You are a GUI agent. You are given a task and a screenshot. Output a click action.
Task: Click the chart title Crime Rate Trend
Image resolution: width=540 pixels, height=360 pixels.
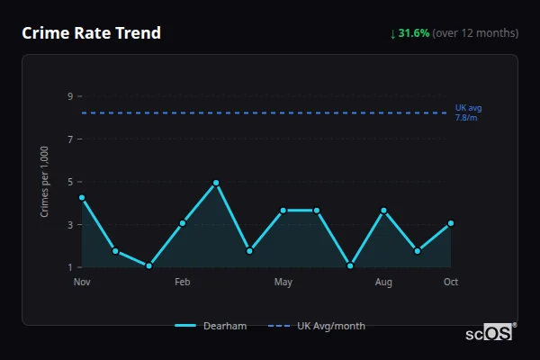tap(92, 33)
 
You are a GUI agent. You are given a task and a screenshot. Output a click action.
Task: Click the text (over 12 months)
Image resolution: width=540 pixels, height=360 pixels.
tap(475, 33)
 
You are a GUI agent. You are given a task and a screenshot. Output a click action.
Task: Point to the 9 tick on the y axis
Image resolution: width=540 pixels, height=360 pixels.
tap(69, 96)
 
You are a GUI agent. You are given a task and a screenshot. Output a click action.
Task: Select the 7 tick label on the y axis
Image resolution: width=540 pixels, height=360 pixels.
tap(69, 139)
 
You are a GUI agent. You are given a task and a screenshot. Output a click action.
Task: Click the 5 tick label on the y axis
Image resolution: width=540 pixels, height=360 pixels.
tap(69, 182)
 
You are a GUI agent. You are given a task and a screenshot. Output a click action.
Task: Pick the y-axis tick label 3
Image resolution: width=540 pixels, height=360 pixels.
tap(69, 225)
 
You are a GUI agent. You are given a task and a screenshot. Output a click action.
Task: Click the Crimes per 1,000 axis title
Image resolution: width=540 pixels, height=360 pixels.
tap(45, 182)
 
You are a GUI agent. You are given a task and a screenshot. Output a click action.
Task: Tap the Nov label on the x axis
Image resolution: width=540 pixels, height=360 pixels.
tap(82, 283)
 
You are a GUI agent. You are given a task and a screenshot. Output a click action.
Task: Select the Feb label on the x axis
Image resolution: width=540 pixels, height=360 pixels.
tap(183, 283)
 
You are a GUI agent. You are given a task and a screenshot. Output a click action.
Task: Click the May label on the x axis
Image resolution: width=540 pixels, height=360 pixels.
tap(283, 283)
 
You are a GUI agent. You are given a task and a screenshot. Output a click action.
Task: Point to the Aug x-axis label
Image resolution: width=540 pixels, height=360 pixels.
tap(383, 283)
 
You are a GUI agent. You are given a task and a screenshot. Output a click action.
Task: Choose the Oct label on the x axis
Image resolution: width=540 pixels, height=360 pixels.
tap(451, 283)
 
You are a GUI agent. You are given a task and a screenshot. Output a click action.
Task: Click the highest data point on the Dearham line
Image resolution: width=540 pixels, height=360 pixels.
tap(216, 183)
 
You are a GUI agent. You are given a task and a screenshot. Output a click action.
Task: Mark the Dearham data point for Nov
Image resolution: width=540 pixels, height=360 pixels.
tap(82, 197)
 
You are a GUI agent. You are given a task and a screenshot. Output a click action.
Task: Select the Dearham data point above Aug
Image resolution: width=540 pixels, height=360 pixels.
tap(383, 211)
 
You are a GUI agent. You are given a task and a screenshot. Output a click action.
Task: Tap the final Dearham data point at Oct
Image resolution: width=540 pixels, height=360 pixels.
tap(451, 223)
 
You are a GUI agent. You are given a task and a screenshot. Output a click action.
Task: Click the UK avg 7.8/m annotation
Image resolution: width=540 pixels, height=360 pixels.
tap(468, 112)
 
